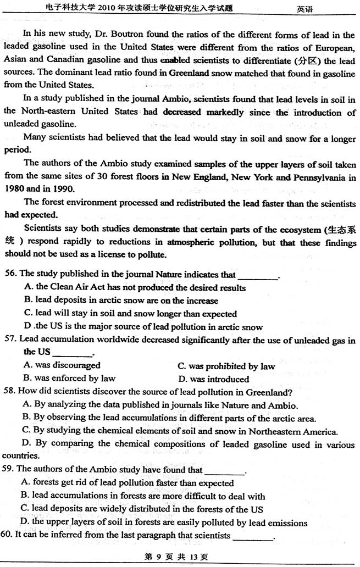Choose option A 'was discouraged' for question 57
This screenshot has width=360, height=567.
[x=62, y=365]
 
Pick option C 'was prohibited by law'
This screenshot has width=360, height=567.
[x=226, y=366]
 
